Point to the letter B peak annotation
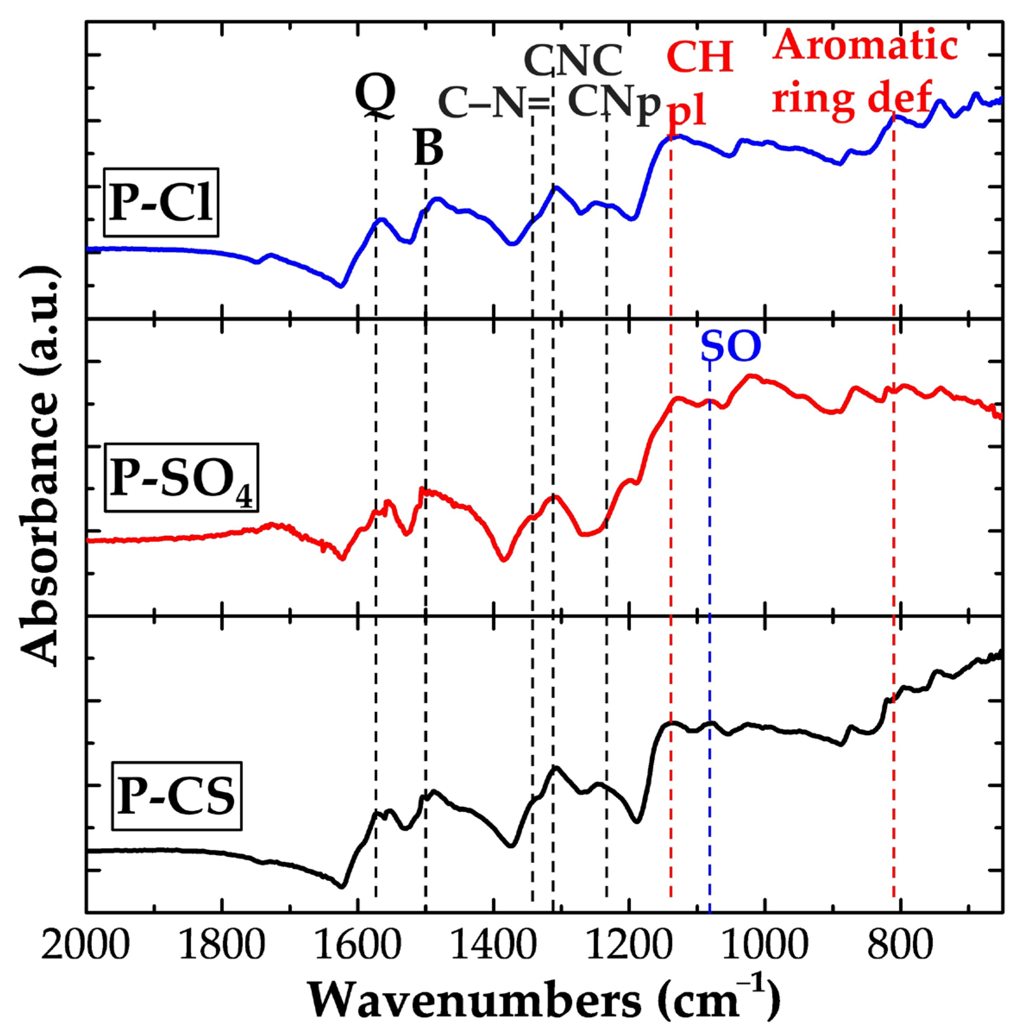[428, 148]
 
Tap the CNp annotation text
[613, 104]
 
